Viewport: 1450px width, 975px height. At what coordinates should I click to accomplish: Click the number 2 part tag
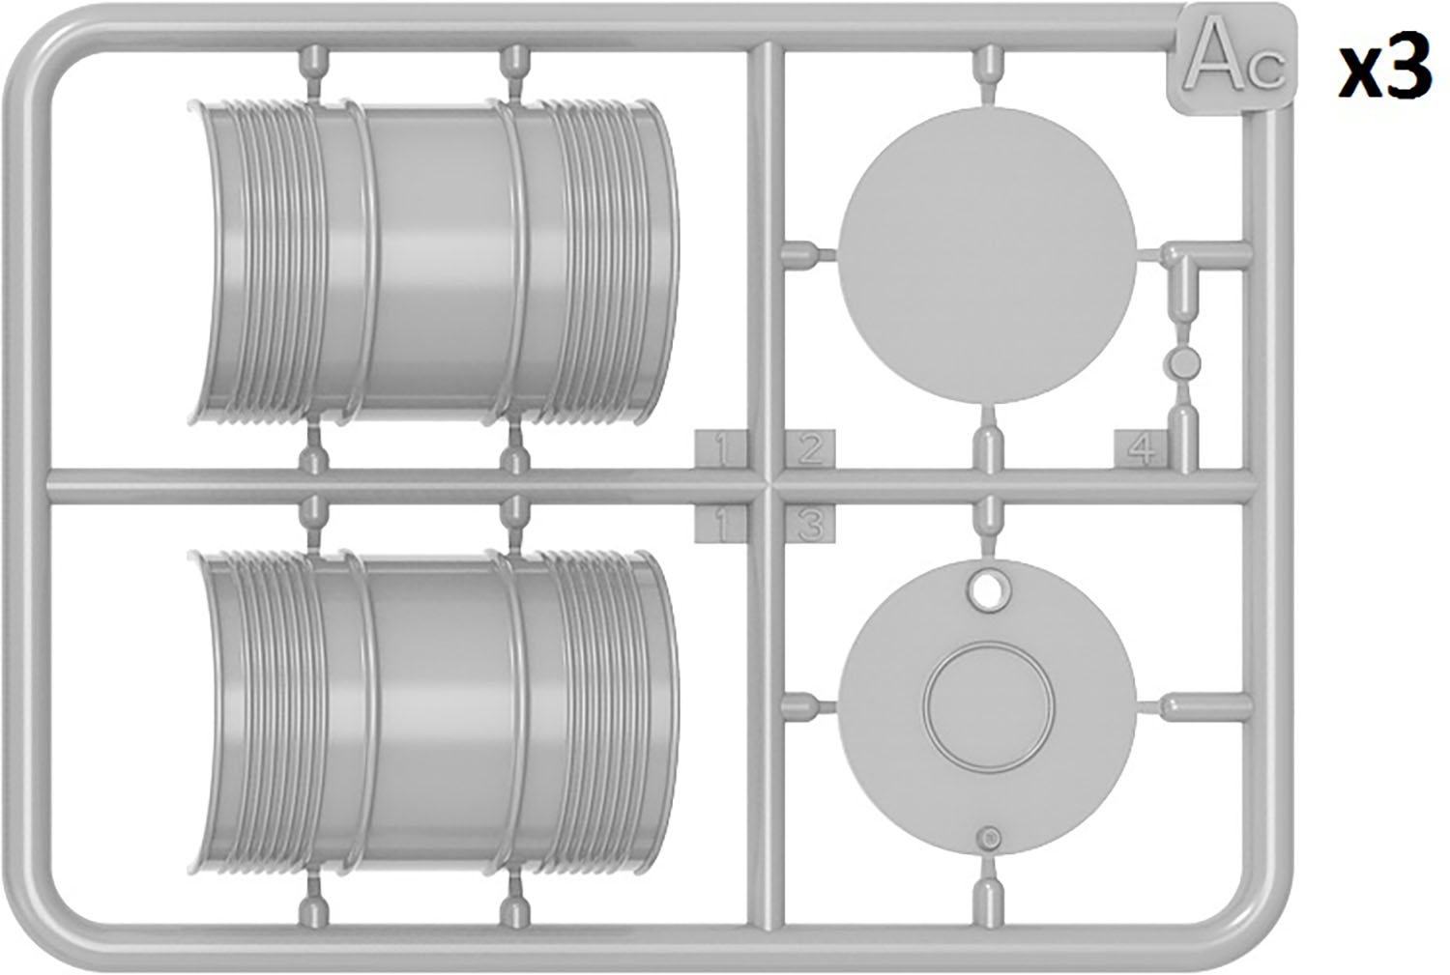(x=810, y=449)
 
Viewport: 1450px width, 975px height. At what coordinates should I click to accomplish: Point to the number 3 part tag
(x=810, y=524)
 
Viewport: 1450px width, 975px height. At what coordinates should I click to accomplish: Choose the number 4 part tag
(x=1141, y=449)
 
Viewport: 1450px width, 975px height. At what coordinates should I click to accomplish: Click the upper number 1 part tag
(x=720, y=449)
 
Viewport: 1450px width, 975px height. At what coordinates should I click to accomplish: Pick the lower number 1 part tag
(x=720, y=524)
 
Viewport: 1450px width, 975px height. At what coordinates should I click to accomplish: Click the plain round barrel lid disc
(x=987, y=255)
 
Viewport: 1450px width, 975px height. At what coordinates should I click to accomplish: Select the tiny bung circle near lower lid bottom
(x=989, y=838)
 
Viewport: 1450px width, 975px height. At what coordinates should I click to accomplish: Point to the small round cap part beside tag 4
(x=1182, y=363)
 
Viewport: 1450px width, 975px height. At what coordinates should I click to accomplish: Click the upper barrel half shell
(x=435, y=263)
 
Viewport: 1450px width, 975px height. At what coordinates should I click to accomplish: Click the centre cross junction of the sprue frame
(x=766, y=486)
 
